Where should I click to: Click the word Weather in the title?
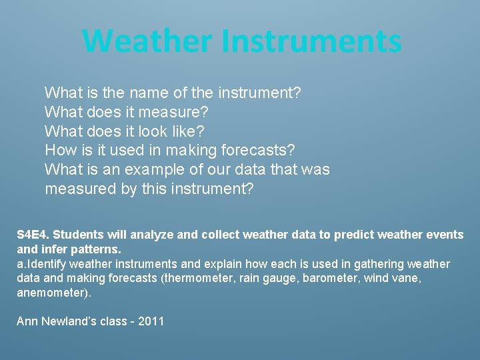click(148, 41)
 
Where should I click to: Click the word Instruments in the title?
click(311, 41)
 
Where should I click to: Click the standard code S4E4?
click(33, 235)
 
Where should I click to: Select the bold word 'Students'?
click(77, 235)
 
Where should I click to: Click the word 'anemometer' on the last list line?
click(51, 293)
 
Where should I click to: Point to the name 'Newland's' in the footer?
click(70, 321)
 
